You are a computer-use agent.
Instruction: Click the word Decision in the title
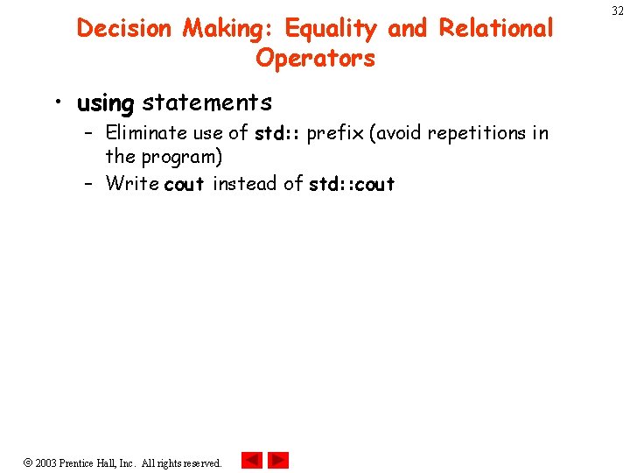pyautogui.click(x=125, y=29)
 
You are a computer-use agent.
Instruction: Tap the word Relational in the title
pyautogui.click(x=496, y=29)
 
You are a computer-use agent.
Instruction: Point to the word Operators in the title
pyautogui.click(x=315, y=59)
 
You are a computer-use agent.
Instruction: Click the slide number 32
pyautogui.click(x=618, y=11)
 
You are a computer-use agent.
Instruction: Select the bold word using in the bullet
pyautogui.click(x=105, y=103)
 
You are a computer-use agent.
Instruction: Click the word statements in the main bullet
pyautogui.click(x=206, y=102)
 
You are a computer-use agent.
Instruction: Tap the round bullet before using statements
pyautogui.click(x=57, y=103)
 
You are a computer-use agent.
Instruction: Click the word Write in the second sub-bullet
pyautogui.click(x=131, y=183)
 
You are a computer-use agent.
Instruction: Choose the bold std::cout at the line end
pyautogui.click(x=352, y=184)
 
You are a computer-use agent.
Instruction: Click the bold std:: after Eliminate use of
pyautogui.click(x=277, y=134)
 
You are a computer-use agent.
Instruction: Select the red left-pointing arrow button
pyautogui.click(x=251, y=460)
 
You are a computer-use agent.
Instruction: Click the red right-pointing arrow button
pyautogui.click(x=278, y=460)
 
